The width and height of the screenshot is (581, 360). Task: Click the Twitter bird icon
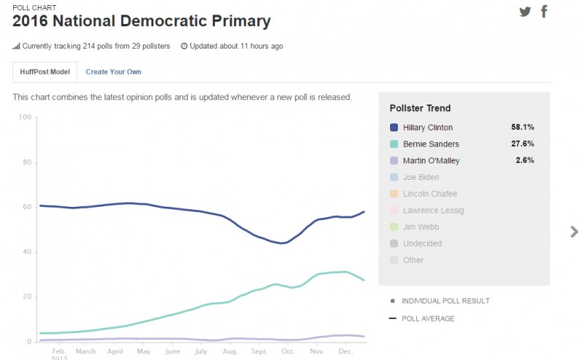point(525,12)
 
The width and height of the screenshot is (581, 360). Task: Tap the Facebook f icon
point(544,12)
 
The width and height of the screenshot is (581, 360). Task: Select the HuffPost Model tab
point(45,72)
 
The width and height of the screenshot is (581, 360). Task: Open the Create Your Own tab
point(113,72)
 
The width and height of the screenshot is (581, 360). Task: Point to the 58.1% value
point(523,127)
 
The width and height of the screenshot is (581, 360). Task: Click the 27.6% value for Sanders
point(523,144)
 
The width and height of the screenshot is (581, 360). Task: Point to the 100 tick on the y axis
point(24,118)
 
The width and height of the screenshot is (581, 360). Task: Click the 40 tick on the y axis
point(26,253)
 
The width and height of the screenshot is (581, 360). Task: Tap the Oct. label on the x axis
point(288,351)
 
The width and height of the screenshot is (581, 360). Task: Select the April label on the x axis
point(115,351)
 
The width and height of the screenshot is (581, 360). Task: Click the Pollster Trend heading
point(420,108)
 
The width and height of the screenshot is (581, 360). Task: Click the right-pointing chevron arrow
point(574,232)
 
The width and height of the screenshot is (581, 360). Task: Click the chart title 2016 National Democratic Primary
point(142,21)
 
